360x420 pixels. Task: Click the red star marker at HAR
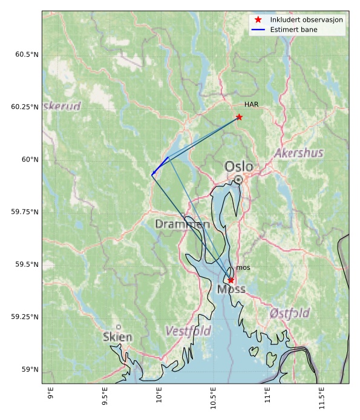click(239, 117)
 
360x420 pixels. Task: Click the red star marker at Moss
click(231, 280)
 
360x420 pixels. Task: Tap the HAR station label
click(252, 105)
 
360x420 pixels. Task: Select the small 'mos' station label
click(243, 267)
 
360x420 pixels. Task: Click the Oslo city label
click(239, 166)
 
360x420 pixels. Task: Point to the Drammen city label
click(178, 224)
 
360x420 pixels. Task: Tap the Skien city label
click(117, 336)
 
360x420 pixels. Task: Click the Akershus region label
click(298, 153)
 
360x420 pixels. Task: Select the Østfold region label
click(290, 313)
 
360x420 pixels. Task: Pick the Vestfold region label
click(188, 331)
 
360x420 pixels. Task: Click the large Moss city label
click(231, 289)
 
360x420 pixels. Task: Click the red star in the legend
click(258, 19)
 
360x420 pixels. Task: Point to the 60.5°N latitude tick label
click(27, 54)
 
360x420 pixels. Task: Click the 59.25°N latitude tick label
click(25, 317)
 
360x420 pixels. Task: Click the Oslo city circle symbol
click(239, 179)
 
